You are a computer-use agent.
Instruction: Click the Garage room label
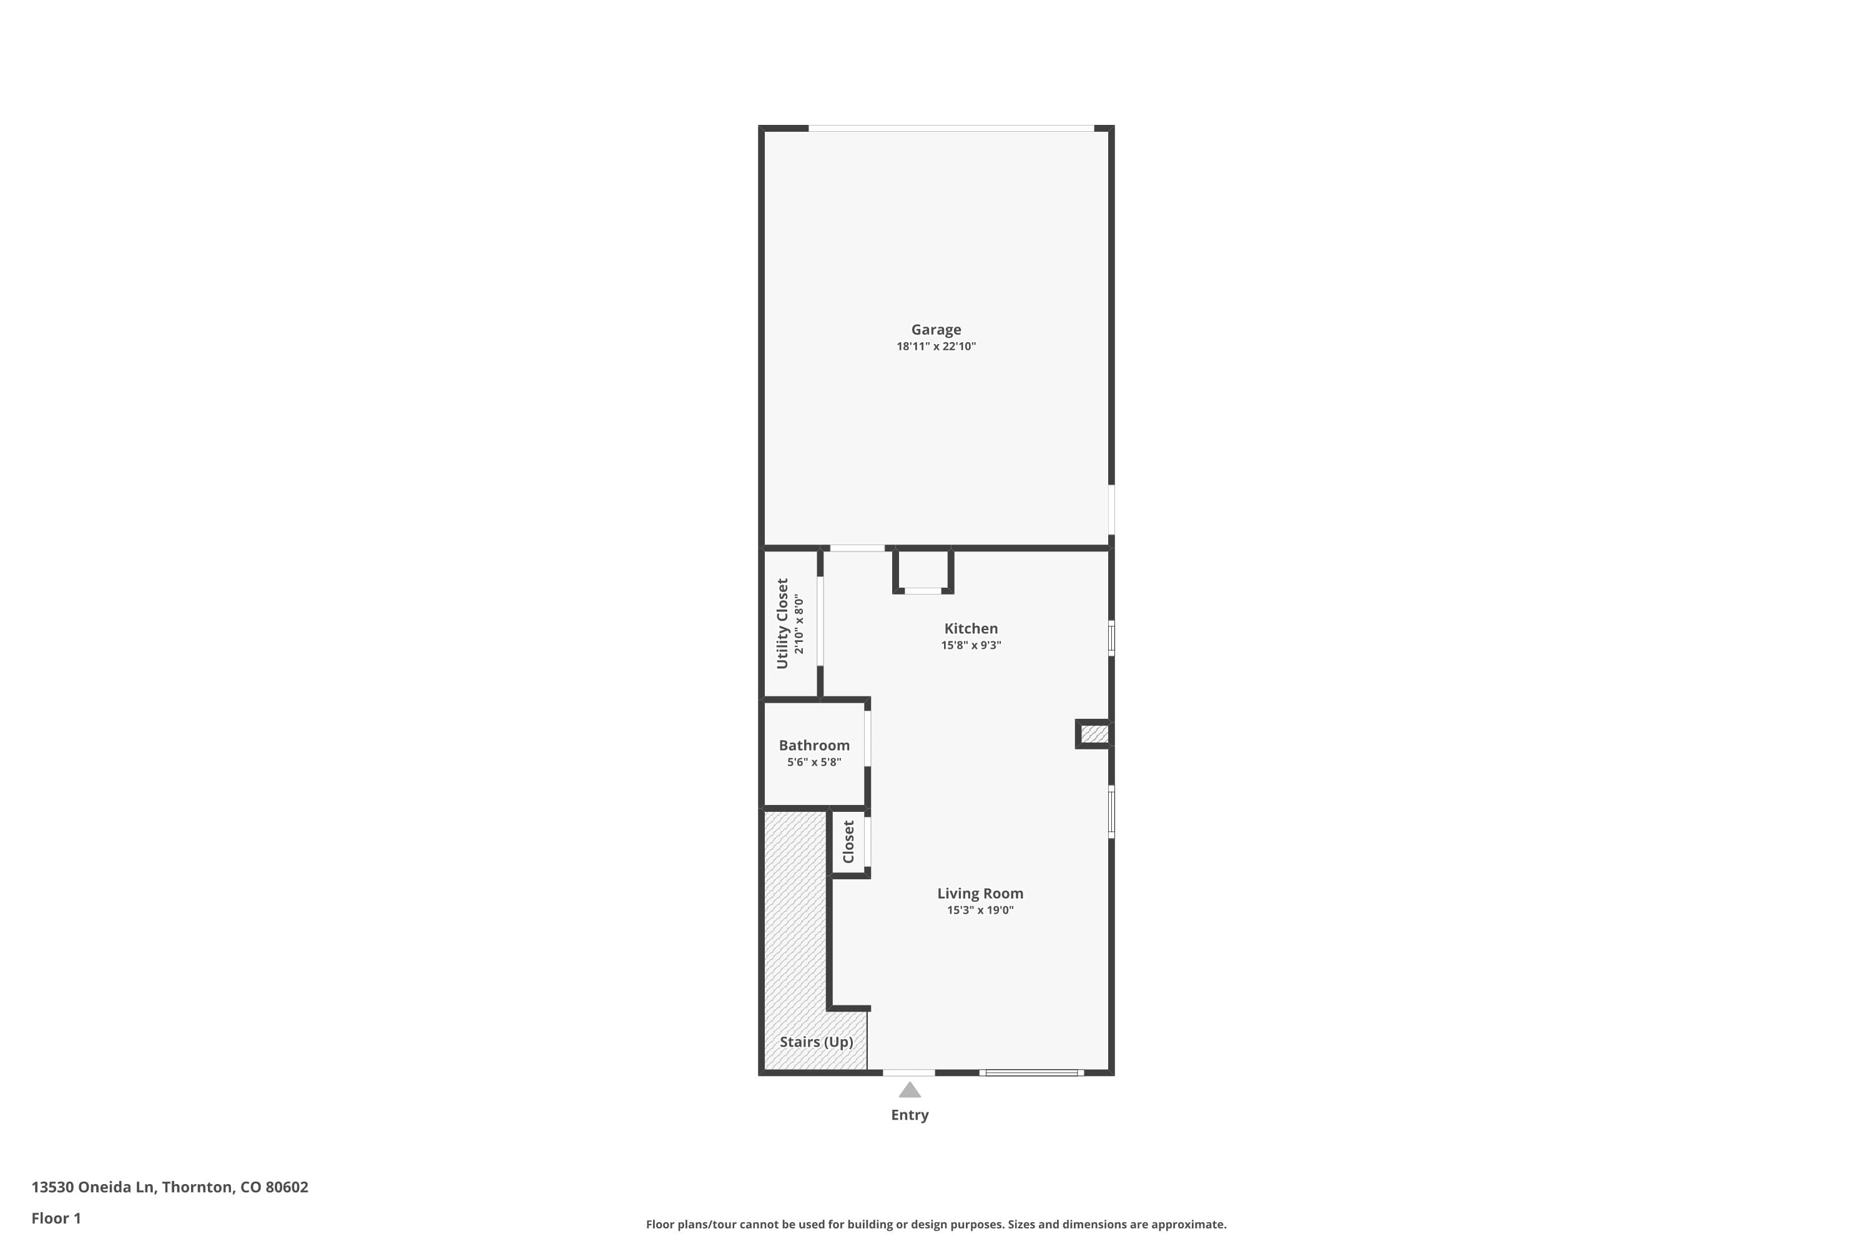pyautogui.click(x=936, y=330)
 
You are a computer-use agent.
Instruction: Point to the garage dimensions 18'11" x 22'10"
pyautogui.click(x=936, y=347)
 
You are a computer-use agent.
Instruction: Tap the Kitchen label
pyautogui.click(x=971, y=628)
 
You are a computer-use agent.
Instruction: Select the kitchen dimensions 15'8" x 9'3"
pyautogui.click(x=971, y=645)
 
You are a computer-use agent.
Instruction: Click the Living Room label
pyautogui.click(x=980, y=894)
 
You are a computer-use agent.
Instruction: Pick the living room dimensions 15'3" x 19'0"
pyautogui.click(x=980, y=911)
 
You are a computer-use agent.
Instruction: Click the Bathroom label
pyautogui.click(x=814, y=746)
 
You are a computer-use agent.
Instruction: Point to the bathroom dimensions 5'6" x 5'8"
pyautogui.click(x=814, y=763)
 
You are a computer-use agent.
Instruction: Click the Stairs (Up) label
pyautogui.click(x=816, y=1042)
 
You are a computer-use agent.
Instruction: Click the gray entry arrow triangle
pyautogui.click(x=910, y=1090)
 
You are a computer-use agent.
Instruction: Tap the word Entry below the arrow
pyautogui.click(x=910, y=1115)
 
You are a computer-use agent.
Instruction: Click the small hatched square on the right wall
pyautogui.click(x=1094, y=734)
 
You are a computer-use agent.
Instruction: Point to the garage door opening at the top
pyautogui.click(x=951, y=128)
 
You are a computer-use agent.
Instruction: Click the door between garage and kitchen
pyautogui.click(x=857, y=548)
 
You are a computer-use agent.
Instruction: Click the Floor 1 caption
pyautogui.click(x=56, y=1218)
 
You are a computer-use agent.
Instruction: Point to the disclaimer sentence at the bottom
pyautogui.click(x=936, y=1224)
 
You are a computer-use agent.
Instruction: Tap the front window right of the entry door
pyautogui.click(x=1031, y=1073)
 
